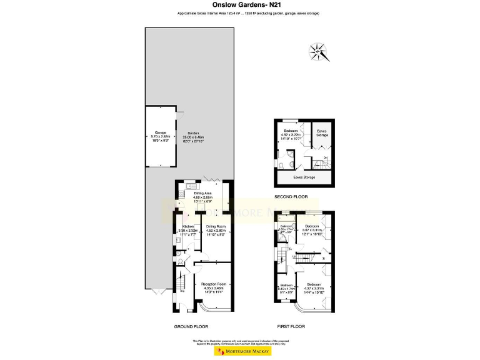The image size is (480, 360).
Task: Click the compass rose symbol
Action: pyautogui.click(x=319, y=51)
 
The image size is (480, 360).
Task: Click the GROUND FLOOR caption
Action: pyautogui.click(x=191, y=326)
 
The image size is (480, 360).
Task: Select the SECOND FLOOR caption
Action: pyautogui.click(x=292, y=197)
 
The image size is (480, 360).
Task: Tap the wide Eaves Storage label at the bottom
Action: pyautogui.click(x=304, y=177)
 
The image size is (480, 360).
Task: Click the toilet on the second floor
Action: pyautogui.click(x=283, y=165)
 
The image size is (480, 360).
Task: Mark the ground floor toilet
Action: pyautogui.click(x=180, y=262)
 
